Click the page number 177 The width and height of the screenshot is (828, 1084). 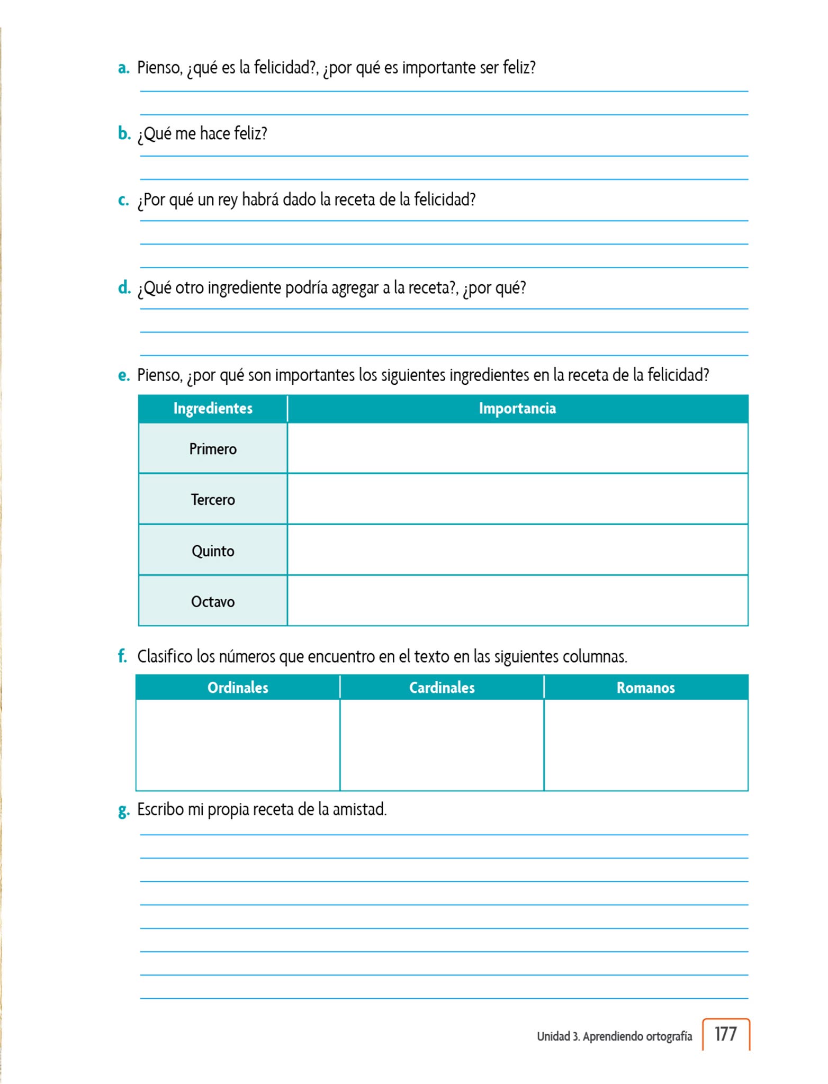pyautogui.click(x=725, y=1034)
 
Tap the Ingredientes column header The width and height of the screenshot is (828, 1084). pyautogui.click(x=213, y=408)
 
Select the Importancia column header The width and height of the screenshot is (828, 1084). pyautogui.click(x=517, y=408)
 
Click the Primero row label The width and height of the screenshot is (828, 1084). pyautogui.click(x=213, y=449)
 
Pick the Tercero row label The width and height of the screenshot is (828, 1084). pyautogui.click(x=213, y=500)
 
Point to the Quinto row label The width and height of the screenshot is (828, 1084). pyautogui.click(x=213, y=551)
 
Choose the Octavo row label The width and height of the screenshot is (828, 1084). pyautogui.click(x=213, y=601)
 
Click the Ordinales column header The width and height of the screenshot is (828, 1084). pyautogui.click(x=238, y=688)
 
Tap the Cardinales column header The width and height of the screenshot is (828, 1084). pyautogui.click(x=442, y=688)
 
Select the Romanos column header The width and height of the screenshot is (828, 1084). pyautogui.click(x=645, y=688)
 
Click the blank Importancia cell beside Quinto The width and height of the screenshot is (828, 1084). pyautogui.click(x=517, y=550)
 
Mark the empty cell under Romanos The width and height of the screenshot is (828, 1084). pyautogui.click(x=645, y=745)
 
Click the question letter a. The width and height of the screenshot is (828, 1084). pyautogui.click(x=123, y=68)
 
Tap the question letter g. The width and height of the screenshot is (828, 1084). pyautogui.click(x=123, y=810)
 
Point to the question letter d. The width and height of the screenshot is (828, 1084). pyautogui.click(x=124, y=288)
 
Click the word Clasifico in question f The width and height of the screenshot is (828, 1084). pyautogui.click(x=165, y=656)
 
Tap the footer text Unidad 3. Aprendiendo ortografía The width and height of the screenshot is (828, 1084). pyautogui.click(x=614, y=1036)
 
